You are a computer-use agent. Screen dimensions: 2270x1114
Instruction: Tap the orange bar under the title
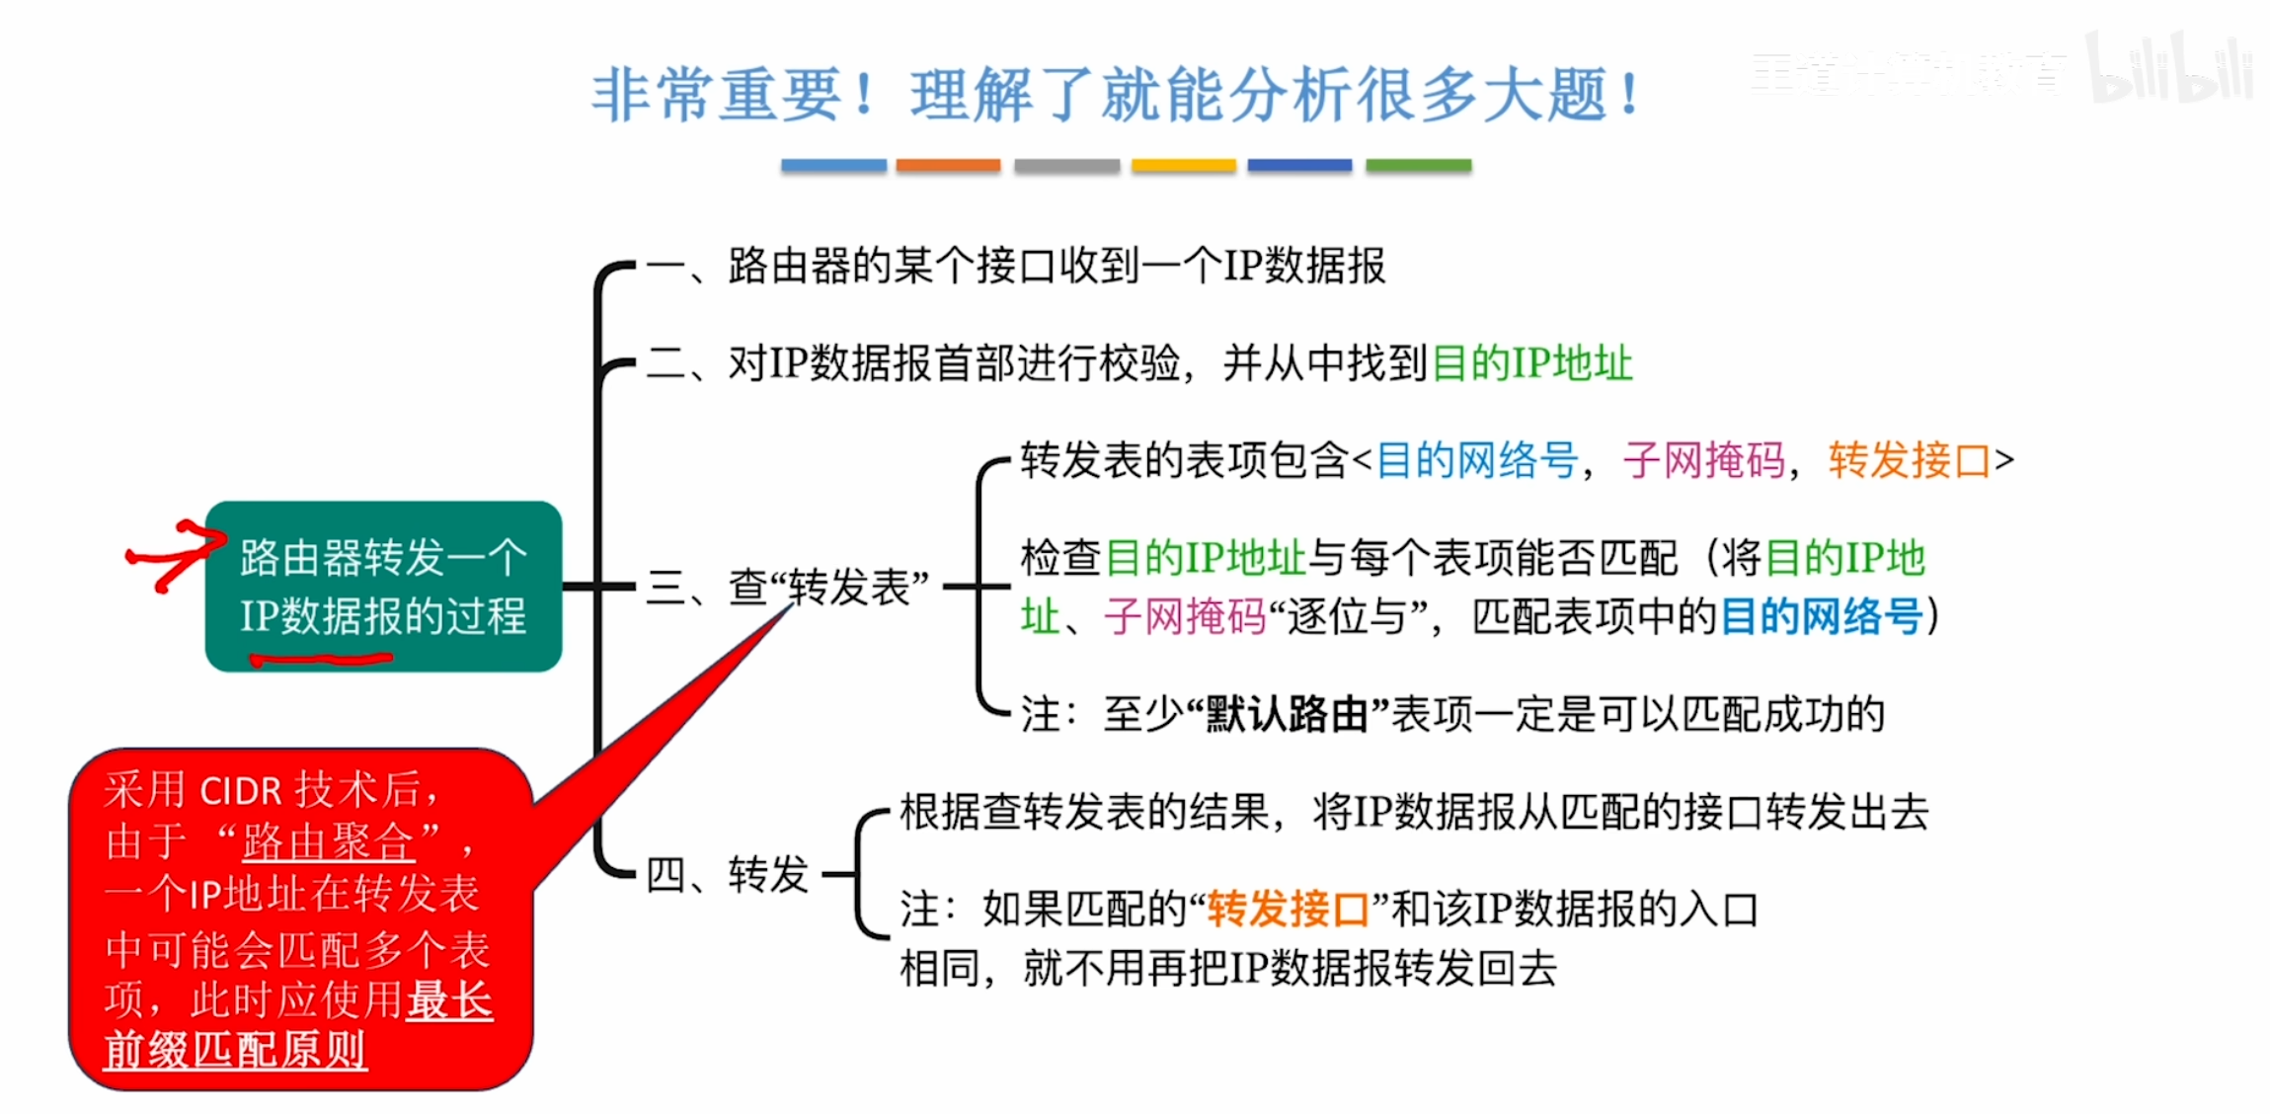coord(948,166)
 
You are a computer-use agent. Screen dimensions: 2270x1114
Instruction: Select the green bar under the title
coord(1418,166)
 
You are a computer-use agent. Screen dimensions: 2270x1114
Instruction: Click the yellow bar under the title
coord(1183,166)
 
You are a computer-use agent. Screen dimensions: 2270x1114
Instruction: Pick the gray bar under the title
coord(1066,166)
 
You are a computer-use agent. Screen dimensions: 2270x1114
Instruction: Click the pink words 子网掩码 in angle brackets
coord(1704,460)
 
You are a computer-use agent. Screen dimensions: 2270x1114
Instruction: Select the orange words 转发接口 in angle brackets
coord(1909,460)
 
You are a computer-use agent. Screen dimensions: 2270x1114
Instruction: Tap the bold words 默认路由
coord(1287,714)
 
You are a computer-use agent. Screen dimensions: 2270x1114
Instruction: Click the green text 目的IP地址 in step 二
coord(1531,363)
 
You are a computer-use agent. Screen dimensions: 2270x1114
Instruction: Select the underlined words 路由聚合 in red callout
coord(328,842)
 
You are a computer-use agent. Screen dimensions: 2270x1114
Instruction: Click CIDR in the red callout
coord(241,791)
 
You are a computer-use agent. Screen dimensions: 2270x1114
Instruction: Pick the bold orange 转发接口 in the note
coord(1288,910)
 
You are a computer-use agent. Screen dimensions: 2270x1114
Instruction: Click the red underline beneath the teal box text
coord(321,659)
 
